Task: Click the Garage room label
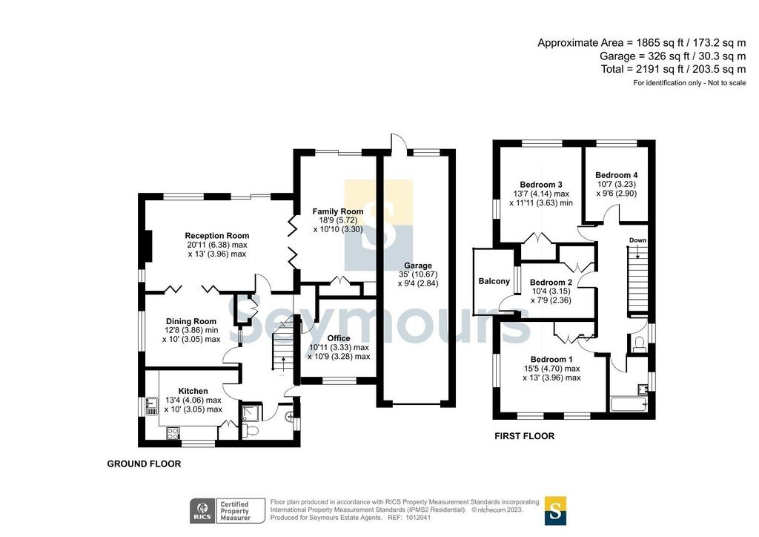[x=418, y=266]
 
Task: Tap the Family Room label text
[x=338, y=211]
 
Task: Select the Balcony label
[x=494, y=281]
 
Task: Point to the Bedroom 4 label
[x=616, y=175]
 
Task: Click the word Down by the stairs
[x=637, y=240]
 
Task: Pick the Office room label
[x=338, y=338]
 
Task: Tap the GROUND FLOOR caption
[x=144, y=464]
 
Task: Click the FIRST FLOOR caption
[x=524, y=436]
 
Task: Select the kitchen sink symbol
[x=151, y=406]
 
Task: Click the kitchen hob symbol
[x=173, y=433]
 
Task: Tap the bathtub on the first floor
[x=629, y=404]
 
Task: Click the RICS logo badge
[x=202, y=511]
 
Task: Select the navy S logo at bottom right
[x=555, y=511]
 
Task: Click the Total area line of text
[x=673, y=69]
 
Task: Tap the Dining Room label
[x=191, y=321]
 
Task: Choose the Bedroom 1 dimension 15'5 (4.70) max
[x=551, y=369]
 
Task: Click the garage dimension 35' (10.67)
[x=418, y=274]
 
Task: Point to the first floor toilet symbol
[x=639, y=343]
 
